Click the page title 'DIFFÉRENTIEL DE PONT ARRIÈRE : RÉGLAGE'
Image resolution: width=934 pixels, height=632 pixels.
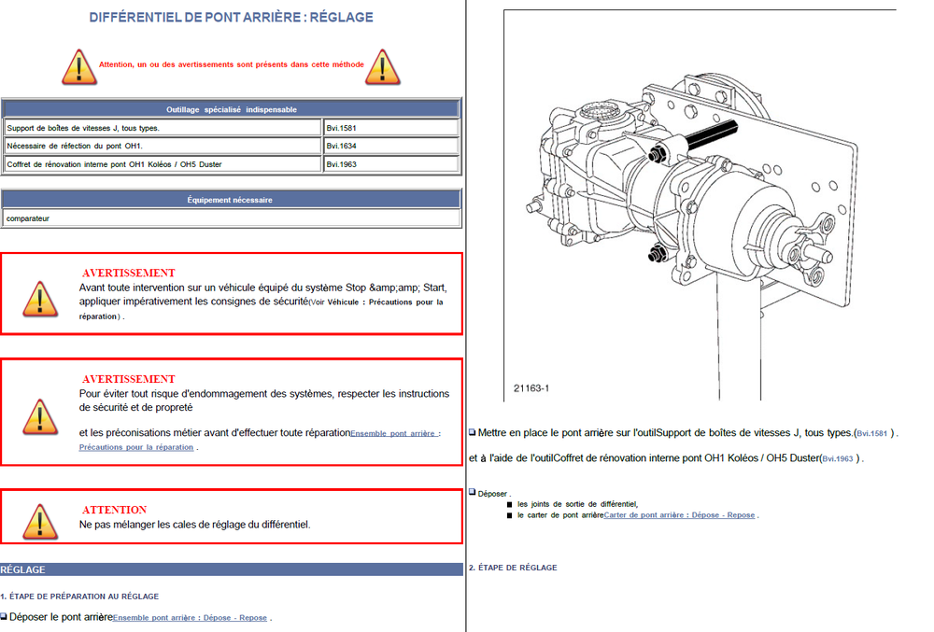click(x=231, y=17)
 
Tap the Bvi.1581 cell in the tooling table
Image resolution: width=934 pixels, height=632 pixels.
click(x=391, y=128)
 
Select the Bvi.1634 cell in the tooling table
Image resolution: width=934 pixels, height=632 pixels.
click(x=391, y=146)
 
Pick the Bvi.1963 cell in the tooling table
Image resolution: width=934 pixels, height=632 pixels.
click(x=391, y=164)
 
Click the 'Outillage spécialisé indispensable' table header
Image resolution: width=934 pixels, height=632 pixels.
click(x=231, y=109)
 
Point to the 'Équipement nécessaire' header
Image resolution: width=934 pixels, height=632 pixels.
click(x=230, y=200)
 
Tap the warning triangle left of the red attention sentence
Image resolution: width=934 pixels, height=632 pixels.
click(x=79, y=67)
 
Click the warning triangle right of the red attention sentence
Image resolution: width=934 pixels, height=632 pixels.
click(x=382, y=67)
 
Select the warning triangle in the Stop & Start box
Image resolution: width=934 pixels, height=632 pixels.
click(x=40, y=300)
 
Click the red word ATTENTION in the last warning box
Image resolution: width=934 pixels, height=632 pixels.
click(x=114, y=510)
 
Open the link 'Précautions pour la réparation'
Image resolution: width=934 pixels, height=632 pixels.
click(x=136, y=447)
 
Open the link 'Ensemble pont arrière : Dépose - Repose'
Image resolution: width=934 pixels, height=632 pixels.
click(x=190, y=618)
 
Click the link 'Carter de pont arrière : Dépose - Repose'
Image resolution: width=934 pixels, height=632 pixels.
click(x=680, y=515)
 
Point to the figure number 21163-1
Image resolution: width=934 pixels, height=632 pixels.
click(x=531, y=388)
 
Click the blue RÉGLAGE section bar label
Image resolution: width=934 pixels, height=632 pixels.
click(x=22, y=569)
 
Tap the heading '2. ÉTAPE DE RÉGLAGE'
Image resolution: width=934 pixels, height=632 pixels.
click(x=513, y=568)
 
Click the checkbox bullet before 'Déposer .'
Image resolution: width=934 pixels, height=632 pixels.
click(x=473, y=492)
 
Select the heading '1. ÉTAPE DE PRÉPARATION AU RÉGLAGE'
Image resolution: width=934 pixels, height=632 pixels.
click(x=79, y=597)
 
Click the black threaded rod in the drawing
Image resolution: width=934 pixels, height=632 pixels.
click(x=711, y=135)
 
